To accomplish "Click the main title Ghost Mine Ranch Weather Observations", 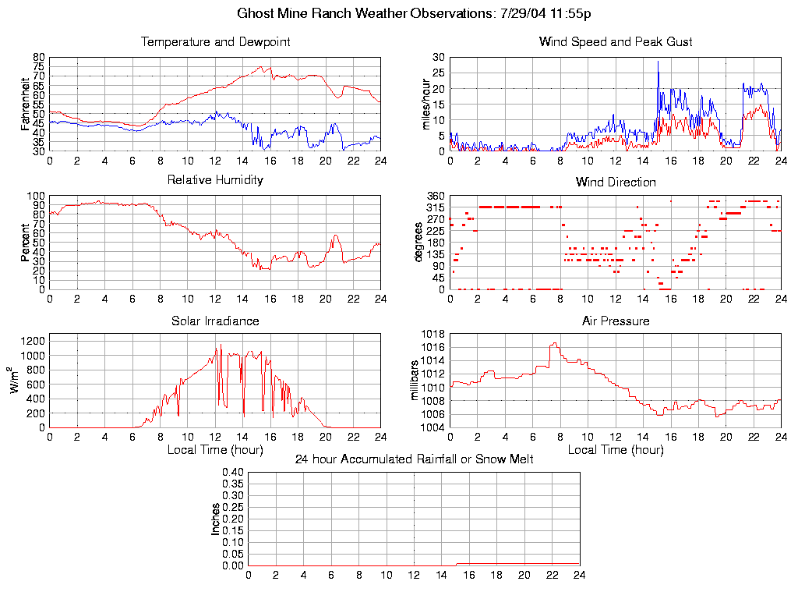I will click(x=414, y=13).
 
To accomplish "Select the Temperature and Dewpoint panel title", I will click(x=215, y=42).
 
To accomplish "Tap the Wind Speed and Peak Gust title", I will click(x=616, y=42).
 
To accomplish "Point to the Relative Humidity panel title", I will click(x=215, y=180).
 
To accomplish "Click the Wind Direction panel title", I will click(x=616, y=182).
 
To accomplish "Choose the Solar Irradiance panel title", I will click(x=215, y=321).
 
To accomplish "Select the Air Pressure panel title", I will click(x=616, y=321).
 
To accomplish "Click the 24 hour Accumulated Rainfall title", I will click(x=414, y=459).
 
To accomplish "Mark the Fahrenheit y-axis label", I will click(x=26, y=104).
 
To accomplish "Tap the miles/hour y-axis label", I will click(x=426, y=104).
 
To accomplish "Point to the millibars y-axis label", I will click(x=415, y=381).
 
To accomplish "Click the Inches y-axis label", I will click(x=216, y=519).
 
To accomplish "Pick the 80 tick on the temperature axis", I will click(x=39, y=58).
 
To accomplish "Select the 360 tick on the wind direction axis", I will click(x=435, y=196).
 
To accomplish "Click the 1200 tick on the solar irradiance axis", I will click(x=35, y=341).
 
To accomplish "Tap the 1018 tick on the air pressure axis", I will click(x=433, y=335).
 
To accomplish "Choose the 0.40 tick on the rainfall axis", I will click(x=234, y=472).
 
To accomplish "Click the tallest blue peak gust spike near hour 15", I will click(x=658, y=62).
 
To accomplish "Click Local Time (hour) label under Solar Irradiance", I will click(x=215, y=450).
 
